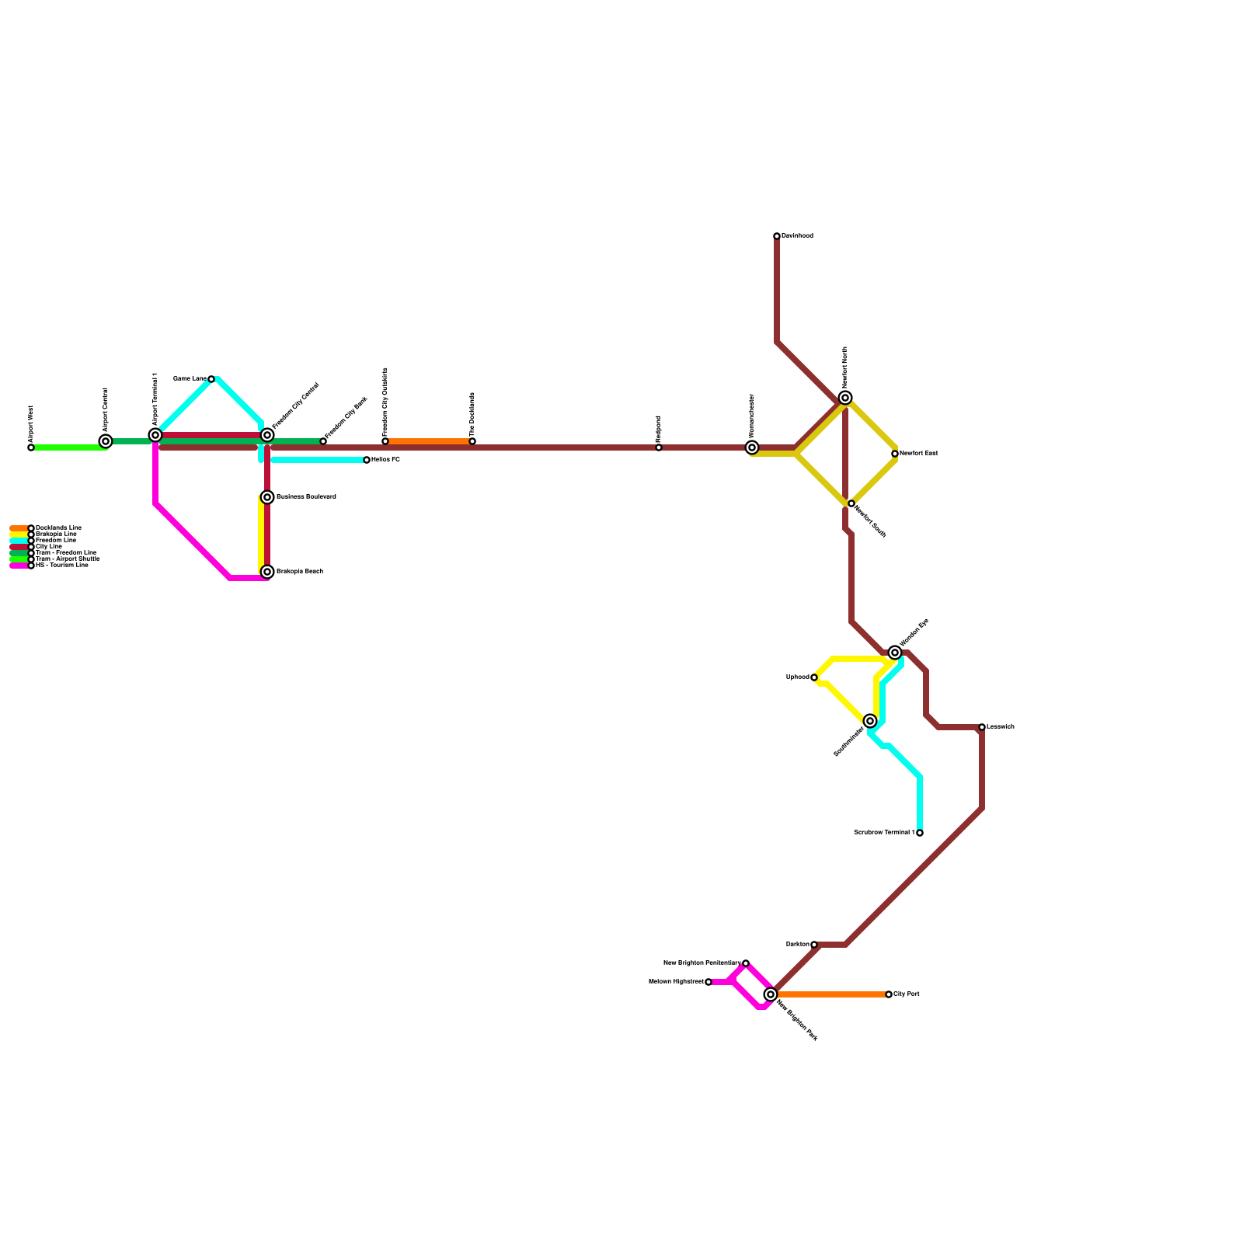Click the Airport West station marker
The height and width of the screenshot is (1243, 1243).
point(31,447)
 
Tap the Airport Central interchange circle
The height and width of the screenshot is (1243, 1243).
point(106,441)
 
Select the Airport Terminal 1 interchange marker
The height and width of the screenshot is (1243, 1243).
point(155,435)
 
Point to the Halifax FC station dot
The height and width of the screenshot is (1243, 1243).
point(367,460)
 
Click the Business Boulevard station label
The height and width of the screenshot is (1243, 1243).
point(306,497)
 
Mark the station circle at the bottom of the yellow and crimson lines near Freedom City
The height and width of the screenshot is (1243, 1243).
point(267,572)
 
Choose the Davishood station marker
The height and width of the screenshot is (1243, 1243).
point(777,236)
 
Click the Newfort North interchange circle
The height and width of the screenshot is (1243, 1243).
point(845,398)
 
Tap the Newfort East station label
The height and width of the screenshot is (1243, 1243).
point(918,454)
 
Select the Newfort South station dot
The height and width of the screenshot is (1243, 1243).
point(851,503)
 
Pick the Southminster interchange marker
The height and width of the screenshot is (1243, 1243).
point(870,721)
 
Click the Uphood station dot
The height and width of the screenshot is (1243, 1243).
point(814,677)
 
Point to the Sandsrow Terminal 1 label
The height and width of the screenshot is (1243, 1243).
point(884,833)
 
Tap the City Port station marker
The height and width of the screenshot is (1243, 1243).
point(889,994)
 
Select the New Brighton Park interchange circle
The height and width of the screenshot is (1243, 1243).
point(771,994)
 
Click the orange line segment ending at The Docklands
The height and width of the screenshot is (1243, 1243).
point(429,441)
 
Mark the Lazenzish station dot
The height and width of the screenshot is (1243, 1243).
point(982,727)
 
